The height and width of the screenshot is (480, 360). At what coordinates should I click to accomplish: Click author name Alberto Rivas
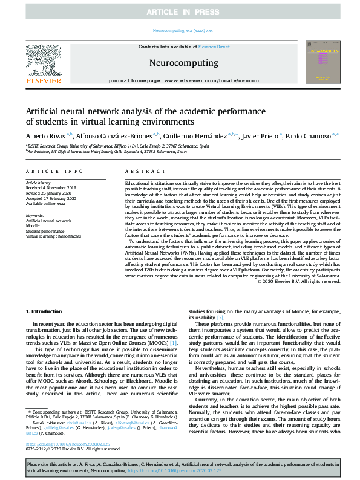[x=45, y=137]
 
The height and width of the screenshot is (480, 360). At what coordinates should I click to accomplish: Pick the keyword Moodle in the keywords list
[x=33, y=226]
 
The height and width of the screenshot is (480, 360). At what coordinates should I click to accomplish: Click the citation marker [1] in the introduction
[x=156, y=343]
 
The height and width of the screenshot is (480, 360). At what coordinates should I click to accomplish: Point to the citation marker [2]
[x=220, y=317]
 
